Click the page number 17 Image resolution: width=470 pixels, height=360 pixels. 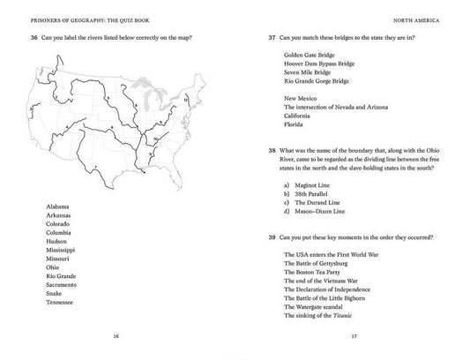tap(354, 336)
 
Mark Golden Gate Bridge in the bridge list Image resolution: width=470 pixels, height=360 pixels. tap(309, 55)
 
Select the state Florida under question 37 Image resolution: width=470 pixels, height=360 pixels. tap(295, 124)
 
